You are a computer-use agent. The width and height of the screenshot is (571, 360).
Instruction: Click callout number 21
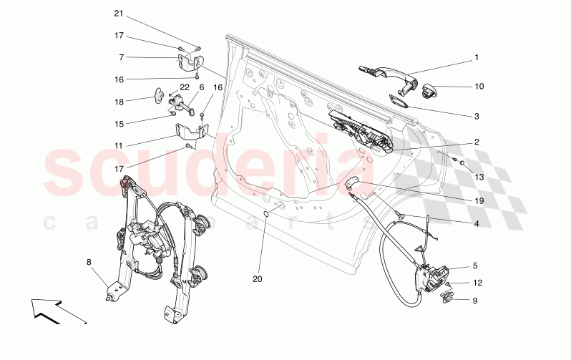tap(119, 14)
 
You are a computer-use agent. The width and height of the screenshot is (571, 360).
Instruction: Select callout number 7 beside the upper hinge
tap(121, 57)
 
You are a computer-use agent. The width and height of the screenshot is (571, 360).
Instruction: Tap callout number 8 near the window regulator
tap(89, 262)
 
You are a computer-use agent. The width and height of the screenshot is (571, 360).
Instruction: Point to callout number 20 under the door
tap(258, 279)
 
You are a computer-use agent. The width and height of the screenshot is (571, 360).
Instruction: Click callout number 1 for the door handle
tap(477, 57)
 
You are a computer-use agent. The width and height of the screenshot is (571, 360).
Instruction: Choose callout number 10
tap(479, 87)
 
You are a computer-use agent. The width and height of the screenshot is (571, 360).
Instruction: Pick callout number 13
tap(479, 177)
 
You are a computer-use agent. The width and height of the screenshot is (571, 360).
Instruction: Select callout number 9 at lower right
tap(475, 301)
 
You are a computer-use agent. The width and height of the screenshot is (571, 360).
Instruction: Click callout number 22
tap(185, 87)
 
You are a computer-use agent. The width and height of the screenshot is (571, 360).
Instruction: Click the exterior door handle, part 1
tap(389, 78)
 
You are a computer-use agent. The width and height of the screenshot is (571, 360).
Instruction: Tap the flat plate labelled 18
tap(160, 95)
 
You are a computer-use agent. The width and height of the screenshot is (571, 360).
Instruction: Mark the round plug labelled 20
tap(266, 213)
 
